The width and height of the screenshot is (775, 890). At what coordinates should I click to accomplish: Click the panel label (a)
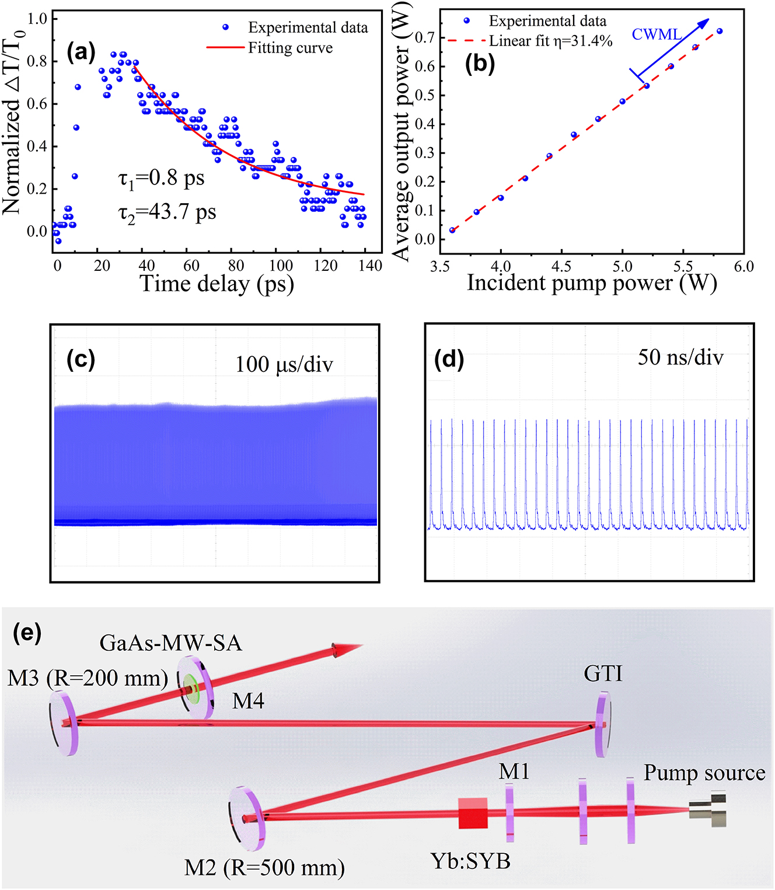coord(81,53)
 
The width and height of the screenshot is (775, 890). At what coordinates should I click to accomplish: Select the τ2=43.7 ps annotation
coord(167,212)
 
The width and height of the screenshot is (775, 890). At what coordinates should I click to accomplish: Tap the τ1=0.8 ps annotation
coord(162,179)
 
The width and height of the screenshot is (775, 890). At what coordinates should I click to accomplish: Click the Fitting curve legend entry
coord(290,48)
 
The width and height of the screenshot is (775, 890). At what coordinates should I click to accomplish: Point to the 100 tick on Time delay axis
coord(281,266)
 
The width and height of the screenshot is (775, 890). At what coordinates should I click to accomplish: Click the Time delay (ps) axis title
coord(217,285)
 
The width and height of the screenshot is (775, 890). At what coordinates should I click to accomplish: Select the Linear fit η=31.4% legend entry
coord(550,41)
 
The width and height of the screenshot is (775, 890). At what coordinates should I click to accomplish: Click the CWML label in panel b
coord(657,35)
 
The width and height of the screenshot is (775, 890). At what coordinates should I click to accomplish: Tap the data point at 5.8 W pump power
coord(720,32)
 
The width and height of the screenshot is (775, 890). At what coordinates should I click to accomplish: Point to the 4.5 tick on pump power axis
coord(561,267)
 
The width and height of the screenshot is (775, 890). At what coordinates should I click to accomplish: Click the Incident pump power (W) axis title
coord(592,284)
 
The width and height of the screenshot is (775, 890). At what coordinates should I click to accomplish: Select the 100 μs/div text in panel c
coord(284,365)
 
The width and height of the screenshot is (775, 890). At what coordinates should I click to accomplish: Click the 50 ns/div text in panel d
coord(680,357)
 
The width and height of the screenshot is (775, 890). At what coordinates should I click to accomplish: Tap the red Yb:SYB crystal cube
coord(472,813)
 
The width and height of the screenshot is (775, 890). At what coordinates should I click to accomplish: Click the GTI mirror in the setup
coord(603,724)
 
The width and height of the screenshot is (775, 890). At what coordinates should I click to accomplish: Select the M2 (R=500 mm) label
coord(264,868)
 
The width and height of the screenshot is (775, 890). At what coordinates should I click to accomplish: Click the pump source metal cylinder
coord(707,809)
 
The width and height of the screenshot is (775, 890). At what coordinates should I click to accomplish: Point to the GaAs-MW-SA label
coord(170,643)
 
